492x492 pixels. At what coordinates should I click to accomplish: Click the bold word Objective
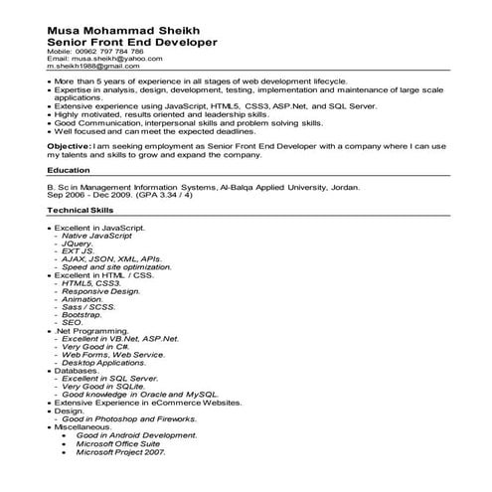[68, 145]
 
